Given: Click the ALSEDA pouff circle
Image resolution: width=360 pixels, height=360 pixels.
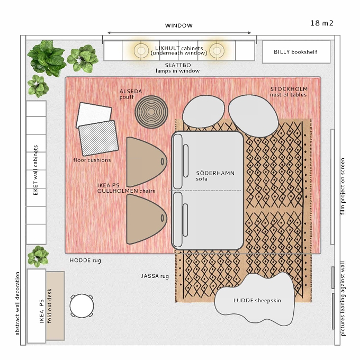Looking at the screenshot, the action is coord(151,112).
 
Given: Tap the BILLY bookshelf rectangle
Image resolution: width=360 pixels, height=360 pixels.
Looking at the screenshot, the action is coord(296,52).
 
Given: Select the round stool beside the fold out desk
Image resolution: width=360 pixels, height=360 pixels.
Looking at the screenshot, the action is coord(82,306).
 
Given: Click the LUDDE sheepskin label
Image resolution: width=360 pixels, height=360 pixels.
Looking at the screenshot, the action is coord(257,301).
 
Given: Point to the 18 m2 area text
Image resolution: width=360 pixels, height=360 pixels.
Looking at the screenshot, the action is coord(322,23).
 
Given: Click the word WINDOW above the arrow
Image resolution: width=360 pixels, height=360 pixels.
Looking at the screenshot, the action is coord(179,25).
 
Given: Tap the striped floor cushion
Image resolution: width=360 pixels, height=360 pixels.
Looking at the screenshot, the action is coord(98,138).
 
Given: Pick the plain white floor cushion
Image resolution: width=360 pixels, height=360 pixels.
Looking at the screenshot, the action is coord(94,114).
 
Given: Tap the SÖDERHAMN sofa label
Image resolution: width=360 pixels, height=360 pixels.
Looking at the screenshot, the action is coord(215,176).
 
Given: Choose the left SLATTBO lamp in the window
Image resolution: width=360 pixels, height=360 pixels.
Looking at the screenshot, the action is coord(141,50).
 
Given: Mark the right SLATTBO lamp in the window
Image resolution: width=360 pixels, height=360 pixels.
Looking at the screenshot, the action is coord(217,50).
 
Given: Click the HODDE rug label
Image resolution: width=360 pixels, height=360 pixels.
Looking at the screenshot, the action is coord(85,260).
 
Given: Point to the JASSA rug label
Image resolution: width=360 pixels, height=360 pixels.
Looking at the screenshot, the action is coord(155,276).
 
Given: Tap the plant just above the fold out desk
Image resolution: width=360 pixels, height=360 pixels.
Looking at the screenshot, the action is coord(38,256).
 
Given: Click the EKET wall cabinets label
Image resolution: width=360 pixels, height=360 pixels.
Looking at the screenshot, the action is coord(35,170).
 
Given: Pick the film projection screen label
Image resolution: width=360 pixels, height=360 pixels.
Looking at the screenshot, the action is coord(343,186).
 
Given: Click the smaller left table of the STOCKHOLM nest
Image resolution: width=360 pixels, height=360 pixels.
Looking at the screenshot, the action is coord(203,111).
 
